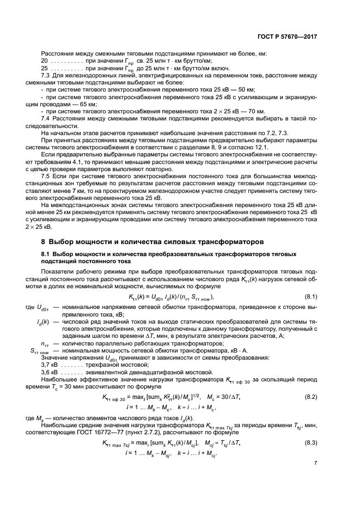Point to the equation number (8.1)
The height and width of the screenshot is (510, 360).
pos(309,296)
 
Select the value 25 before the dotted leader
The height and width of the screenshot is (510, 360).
pos(45,69)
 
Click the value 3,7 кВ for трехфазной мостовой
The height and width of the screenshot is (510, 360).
pos(50,364)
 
